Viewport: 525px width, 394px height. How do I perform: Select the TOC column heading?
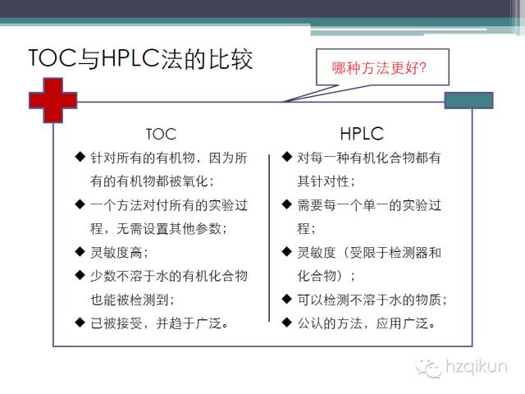tap(161, 133)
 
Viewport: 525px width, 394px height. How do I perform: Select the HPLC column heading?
tap(362, 132)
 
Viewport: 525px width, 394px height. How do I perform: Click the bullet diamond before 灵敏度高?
tap(80, 251)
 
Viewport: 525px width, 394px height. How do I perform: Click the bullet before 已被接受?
tap(80, 322)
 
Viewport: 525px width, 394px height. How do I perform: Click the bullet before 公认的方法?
tap(286, 322)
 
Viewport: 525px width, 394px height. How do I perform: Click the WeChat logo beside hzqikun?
tap(428, 367)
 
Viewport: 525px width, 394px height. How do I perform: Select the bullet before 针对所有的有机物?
tap(80, 156)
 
